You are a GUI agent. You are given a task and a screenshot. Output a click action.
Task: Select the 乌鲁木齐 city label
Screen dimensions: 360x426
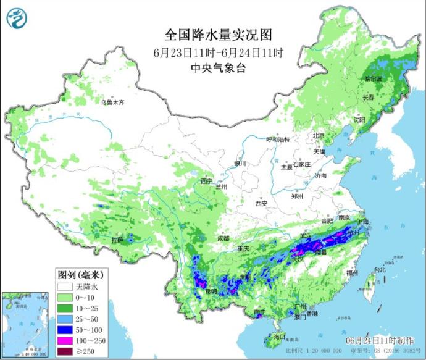[x=112, y=102]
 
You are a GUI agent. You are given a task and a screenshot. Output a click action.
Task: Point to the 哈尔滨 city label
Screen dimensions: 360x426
[x=374, y=78]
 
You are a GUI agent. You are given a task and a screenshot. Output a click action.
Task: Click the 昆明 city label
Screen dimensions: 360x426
[x=212, y=290]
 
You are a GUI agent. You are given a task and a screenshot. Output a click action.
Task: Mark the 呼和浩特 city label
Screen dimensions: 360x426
[x=277, y=140]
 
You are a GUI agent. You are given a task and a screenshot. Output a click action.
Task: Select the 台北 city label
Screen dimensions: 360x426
[x=380, y=270]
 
